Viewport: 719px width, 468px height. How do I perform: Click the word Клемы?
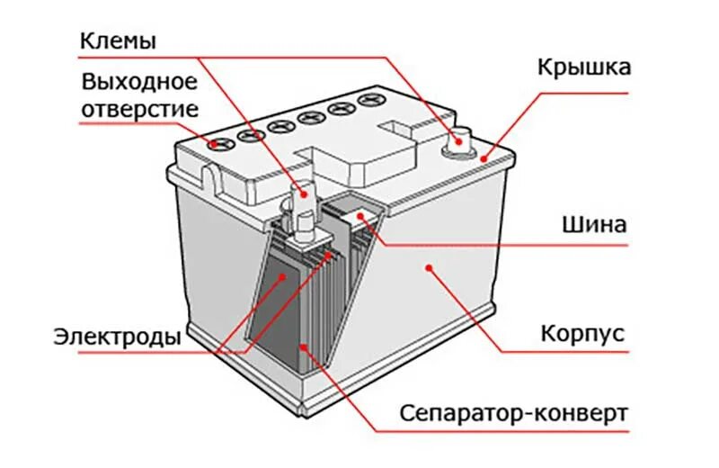pyautogui.click(x=119, y=41)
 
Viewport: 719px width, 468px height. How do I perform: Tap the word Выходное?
pyautogui.click(x=139, y=83)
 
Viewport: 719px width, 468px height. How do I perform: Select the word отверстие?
pyautogui.click(x=139, y=109)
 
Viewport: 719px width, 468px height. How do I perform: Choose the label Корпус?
pyautogui.click(x=582, y=334)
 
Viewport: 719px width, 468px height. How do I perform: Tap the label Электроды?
pyautogui.click(x=118, y=337)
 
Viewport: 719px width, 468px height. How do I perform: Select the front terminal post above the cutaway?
pyautogui.click(x=302, y=194)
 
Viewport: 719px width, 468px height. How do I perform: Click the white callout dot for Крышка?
pyautogui.click(x=484, y=158)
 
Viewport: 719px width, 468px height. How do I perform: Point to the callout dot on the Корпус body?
pyautogui.click(x=429, y=266)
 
